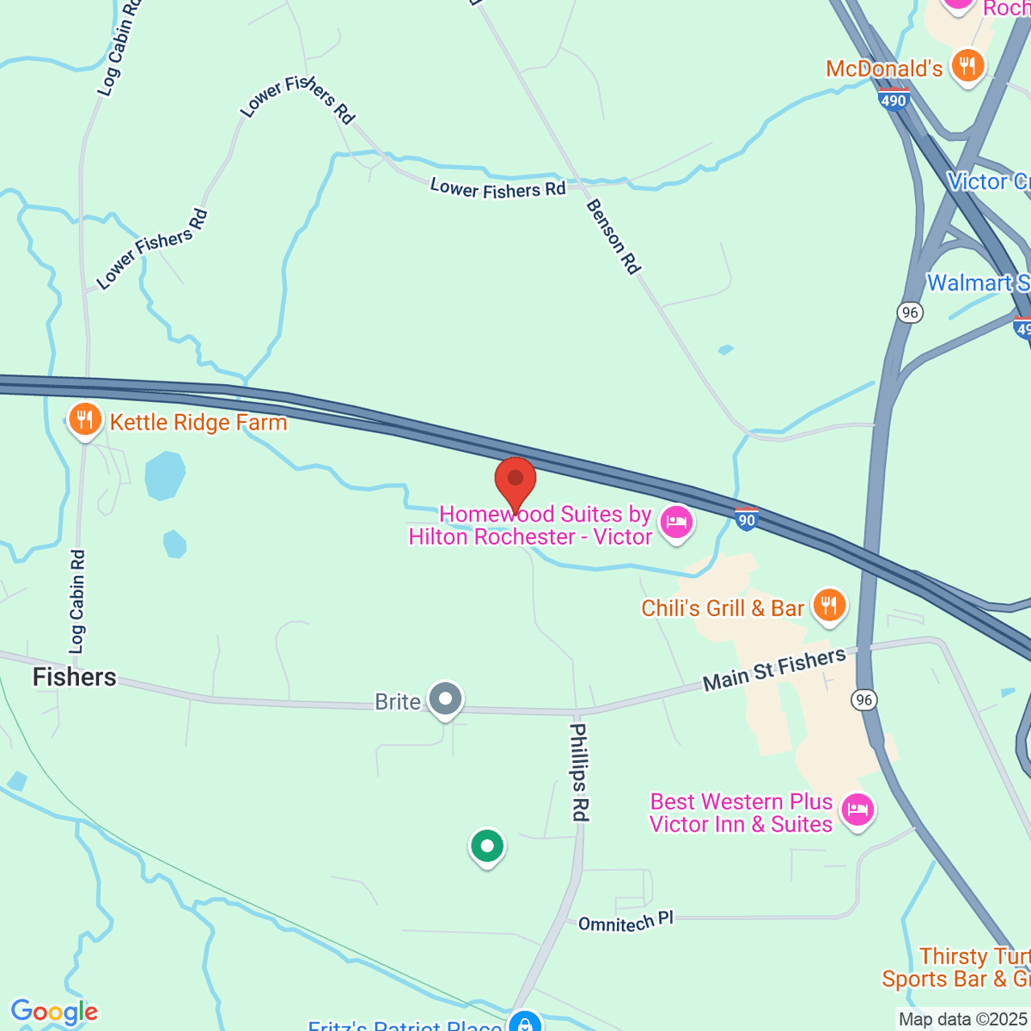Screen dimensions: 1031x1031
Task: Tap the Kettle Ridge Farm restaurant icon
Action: [84, 420]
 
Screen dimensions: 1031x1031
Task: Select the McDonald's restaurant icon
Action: [968, 66]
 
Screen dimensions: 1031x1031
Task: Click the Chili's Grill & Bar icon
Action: [828, 606]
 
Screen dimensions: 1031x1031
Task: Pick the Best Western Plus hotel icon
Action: [857, 810]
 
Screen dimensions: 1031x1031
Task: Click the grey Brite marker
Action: [446, 699]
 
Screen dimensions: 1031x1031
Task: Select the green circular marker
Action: [487, 846]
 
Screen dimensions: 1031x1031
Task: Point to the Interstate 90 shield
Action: [747, 518]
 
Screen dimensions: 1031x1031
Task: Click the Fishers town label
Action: [74, 677]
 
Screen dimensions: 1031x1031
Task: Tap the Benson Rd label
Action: [613, 236]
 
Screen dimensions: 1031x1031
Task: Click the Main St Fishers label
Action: [774, 669]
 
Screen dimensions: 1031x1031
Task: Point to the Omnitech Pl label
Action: [625, 922]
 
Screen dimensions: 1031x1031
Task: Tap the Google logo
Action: [54, 1012]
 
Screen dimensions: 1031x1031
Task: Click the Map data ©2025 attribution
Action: [962, 1019]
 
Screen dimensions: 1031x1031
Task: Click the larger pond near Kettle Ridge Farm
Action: [165, 475]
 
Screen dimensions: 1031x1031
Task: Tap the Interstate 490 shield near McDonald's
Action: [894, 100]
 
